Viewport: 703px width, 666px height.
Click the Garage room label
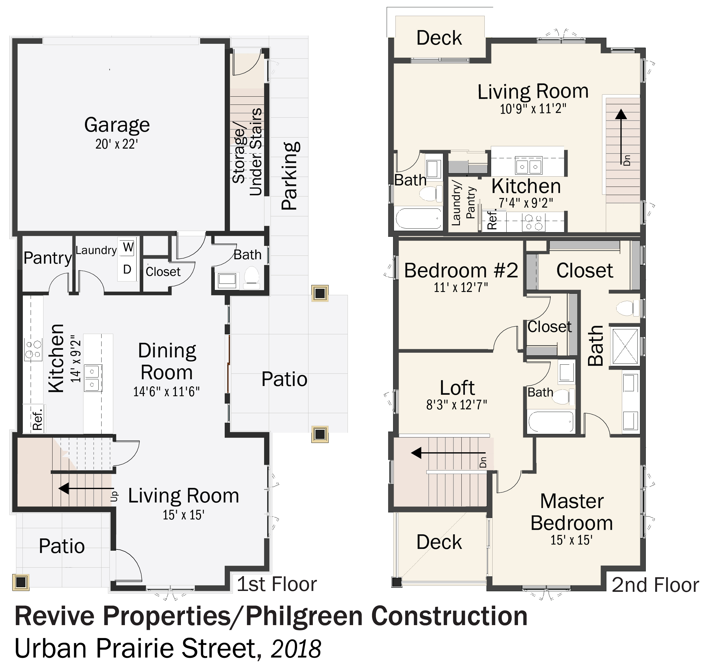117,125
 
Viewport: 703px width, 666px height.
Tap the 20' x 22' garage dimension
117,144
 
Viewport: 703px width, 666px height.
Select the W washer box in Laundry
128,247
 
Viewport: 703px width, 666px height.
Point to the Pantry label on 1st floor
48,258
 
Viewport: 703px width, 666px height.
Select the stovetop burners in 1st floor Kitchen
33,349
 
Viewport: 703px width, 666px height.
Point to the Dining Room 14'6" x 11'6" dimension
166,392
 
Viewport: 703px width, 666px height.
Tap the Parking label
290,176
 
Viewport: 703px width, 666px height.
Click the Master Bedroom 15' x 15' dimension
571,540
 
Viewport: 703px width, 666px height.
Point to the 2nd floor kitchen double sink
529,166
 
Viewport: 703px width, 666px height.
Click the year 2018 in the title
296,648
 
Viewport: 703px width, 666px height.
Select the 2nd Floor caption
655,585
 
